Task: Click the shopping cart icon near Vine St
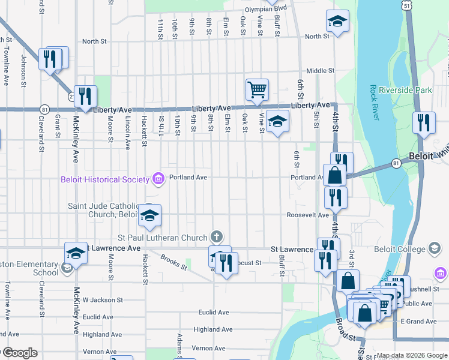257,89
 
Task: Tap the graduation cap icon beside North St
338,21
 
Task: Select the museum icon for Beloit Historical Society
158,178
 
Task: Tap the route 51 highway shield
406,5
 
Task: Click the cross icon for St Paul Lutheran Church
217,237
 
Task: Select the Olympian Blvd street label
265,10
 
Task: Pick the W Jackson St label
103,299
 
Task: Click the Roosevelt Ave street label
308,215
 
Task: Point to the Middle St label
320,70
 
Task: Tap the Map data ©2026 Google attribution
412,355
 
